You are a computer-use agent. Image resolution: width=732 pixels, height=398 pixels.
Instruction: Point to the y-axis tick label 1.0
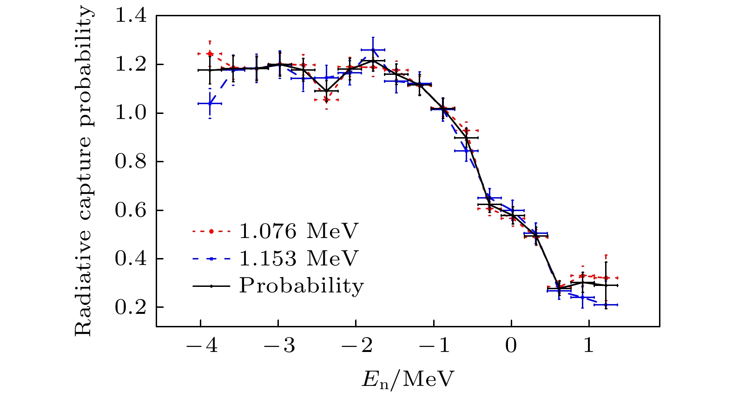(x=131, y=113)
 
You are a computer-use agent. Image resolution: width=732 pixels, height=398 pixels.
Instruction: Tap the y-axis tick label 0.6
(x=131, y=211)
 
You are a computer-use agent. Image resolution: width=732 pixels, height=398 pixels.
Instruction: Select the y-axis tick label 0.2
(x=131, y=308)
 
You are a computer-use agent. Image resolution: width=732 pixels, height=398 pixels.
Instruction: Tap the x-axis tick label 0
(x=511, y=346)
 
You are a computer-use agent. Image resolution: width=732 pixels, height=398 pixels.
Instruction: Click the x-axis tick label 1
(x=589, y=346)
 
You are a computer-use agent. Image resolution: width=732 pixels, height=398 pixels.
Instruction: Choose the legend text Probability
(x=301, y=286)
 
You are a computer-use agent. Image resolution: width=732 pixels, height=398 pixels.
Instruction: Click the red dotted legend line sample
(x=211, y=231)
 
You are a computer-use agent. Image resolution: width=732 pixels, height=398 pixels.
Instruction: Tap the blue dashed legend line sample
(x=211, y=259)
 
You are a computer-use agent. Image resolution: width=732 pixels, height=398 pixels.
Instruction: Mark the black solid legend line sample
(x=211, y=286)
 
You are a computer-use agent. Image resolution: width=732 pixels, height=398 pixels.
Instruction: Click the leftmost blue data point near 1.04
(x=210, y=103)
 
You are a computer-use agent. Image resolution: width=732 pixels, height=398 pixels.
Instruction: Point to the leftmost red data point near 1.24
(x=210, y=54)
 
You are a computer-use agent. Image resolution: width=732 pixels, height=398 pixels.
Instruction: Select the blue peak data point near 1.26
(x=373, y=50)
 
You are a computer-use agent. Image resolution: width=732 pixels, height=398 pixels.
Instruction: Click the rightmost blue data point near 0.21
(x=606, y=305)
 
